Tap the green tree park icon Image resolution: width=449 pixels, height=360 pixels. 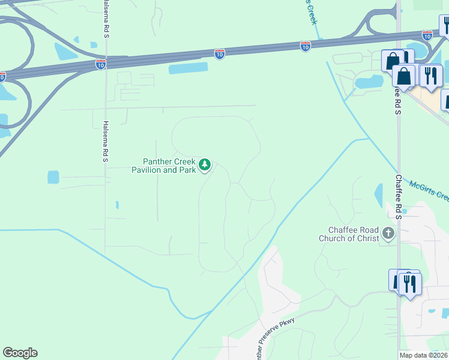point(205,164)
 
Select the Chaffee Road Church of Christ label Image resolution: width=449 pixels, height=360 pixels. point(354,234)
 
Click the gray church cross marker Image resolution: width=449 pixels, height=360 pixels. point(388,233)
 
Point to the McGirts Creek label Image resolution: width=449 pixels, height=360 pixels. point(429,191)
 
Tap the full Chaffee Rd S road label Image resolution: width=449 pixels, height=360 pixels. point(399,196)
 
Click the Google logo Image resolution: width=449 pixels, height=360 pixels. point(20,353)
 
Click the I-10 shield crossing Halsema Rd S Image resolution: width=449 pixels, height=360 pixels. point(101,63)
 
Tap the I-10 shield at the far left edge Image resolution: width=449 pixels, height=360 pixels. point(2,76)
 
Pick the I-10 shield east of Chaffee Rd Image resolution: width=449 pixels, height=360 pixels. point(427,35)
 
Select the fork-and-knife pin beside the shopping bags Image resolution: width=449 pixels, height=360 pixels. point(430,75)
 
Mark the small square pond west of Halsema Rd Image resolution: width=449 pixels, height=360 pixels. point(53,177)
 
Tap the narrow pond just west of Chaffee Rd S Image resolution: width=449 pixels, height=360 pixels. point(379,196)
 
